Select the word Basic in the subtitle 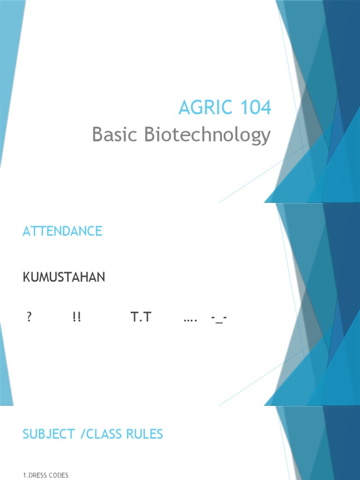[x=115, y=135]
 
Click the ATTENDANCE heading [x=62, y=231]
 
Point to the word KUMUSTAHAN [x=64, y=277]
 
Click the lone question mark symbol [x=29, y=318]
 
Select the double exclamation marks [x=76, y=318]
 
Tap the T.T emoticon [x=141, y=318]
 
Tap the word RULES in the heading [x=147, y=434]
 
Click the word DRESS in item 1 [x=39, y=475]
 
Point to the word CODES [x=60, y=475]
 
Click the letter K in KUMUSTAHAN [x=26, y=277]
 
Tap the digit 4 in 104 [x=265, y=108]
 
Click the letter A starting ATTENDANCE [x=26, y=231]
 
